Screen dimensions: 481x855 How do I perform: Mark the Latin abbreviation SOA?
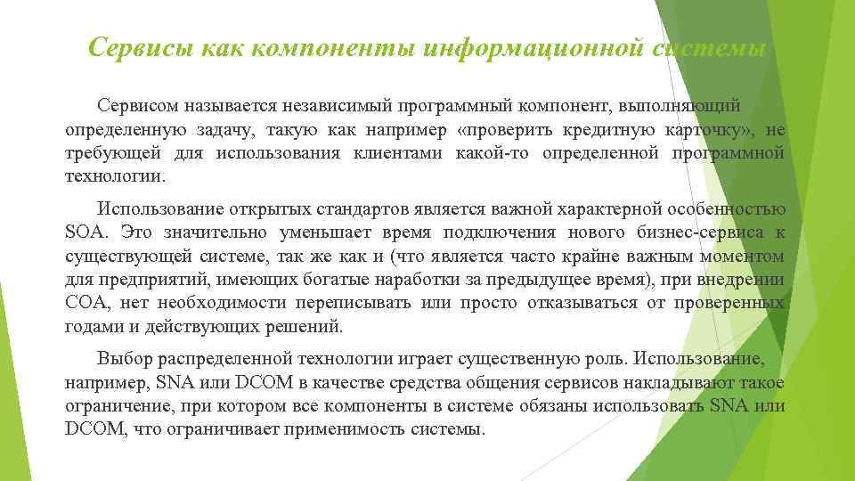85,233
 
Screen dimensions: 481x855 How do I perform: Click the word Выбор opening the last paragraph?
123,361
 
